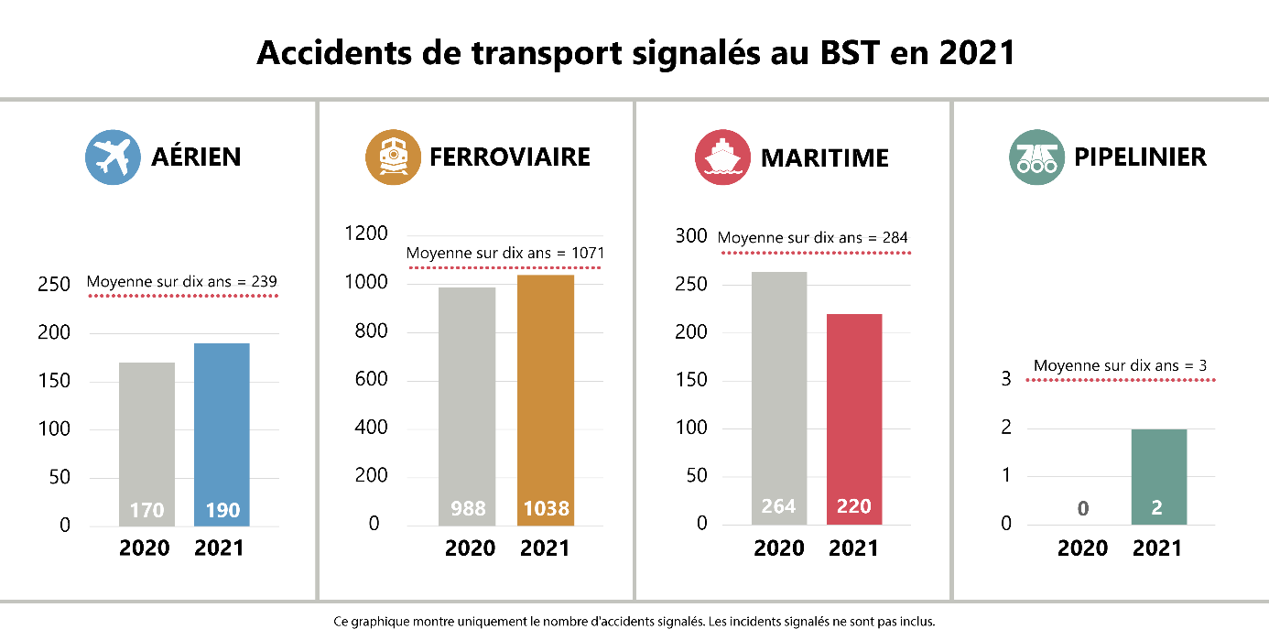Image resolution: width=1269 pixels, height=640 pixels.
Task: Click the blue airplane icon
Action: (113, 157)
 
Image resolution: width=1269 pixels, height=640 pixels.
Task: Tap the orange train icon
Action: (393, 157)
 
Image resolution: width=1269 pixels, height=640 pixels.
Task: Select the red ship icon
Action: (722, 157)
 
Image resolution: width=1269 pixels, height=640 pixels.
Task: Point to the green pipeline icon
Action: (1036, 157)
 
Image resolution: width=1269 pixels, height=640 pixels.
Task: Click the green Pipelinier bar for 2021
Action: (1158, 476)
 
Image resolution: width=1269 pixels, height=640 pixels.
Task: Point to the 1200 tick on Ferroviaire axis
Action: (366, 234)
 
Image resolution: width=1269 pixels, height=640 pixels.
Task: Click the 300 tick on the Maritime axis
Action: (691, 236)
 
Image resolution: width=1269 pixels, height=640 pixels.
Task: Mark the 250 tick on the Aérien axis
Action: (54, 285)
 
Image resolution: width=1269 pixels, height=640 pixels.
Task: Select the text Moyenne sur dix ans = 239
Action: (181, 282)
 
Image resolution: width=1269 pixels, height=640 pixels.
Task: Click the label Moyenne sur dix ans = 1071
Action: (505, 253)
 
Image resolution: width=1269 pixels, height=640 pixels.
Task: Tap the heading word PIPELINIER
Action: (1140, 157)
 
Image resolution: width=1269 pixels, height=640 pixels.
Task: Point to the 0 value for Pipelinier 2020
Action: (1083, 509)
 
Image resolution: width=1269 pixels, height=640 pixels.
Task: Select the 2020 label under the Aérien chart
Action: (145, 548)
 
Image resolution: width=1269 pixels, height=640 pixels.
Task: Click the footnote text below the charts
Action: (634, 622)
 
